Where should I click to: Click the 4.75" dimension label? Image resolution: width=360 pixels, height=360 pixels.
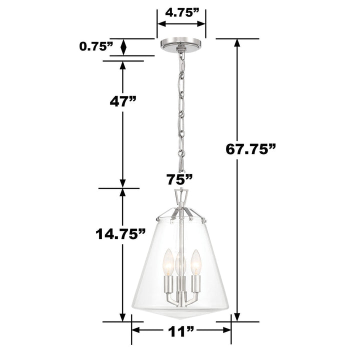coord(180,13)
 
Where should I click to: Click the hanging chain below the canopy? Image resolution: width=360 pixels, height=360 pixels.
coord(181,110)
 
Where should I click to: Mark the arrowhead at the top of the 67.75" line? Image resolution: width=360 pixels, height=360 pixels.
coord(237,44)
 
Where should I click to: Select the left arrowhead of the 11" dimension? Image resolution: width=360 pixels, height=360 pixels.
coord(136,330)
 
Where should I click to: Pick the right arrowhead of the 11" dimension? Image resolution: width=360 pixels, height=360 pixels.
coord(225,330)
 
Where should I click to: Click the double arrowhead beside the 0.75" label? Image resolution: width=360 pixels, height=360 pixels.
coord(123,47)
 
